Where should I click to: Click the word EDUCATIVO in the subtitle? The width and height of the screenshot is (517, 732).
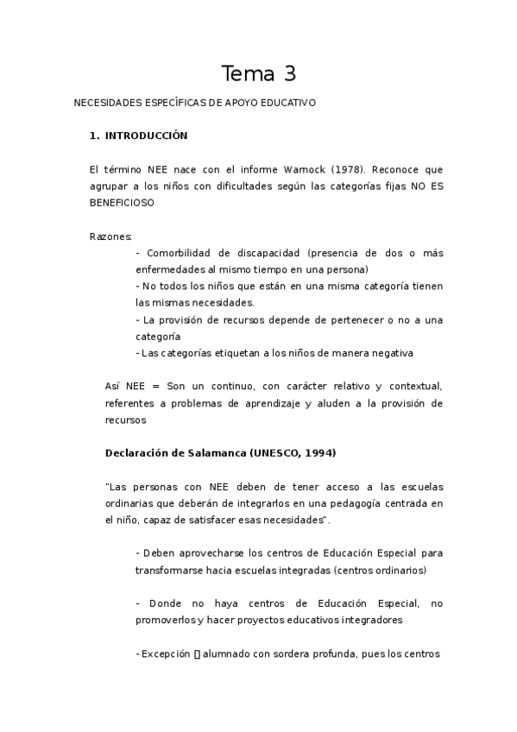click(x=288, y=103)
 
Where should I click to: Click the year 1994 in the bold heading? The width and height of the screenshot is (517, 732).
click(x=318, y=453)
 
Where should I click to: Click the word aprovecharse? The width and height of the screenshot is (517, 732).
click(x=199, y=553)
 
